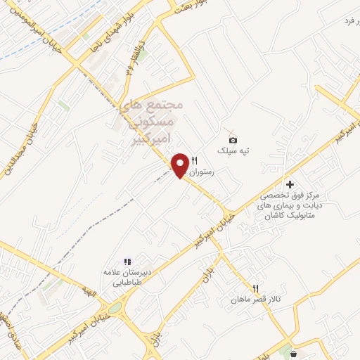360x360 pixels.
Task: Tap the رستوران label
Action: (x=207, y=170)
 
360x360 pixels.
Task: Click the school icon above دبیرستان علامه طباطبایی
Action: (x=127, y=262)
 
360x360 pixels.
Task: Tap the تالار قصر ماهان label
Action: (x=258, y=300)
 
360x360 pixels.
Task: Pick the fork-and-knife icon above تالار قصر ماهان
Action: (x=256, y=288)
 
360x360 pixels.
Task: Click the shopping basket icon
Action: (x=292, y=353)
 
